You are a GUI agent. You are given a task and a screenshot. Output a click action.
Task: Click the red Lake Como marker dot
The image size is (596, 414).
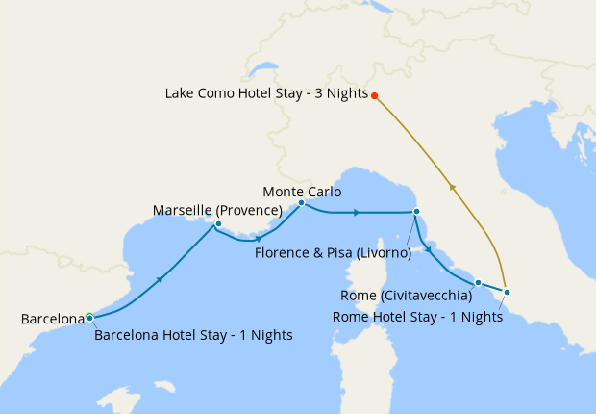point(375,95)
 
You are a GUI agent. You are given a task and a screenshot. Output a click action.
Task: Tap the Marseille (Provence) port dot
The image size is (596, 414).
point(218,224)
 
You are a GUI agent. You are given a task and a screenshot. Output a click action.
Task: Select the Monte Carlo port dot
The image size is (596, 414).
point(301,203)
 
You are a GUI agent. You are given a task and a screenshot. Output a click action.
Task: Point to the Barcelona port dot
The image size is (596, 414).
point(89,317)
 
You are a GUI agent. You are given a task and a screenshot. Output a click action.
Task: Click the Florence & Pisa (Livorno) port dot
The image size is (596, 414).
point(416,212)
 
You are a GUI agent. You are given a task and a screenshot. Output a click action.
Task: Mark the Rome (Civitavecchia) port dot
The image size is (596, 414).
point(478,283)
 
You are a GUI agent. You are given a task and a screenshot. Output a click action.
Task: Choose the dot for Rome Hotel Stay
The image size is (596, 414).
point(507,292)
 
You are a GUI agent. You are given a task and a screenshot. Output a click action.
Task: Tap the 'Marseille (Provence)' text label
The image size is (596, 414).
point(217,210)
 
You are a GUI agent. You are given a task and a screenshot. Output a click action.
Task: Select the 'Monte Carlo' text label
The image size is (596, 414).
point(301,191)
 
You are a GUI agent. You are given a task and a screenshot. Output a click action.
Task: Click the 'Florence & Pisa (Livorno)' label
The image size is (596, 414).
point(334,253)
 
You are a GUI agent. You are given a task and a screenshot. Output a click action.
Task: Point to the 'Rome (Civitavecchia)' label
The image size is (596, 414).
point(407,295)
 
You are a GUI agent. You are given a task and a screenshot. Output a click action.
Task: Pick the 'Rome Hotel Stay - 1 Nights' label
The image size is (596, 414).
point(416,316)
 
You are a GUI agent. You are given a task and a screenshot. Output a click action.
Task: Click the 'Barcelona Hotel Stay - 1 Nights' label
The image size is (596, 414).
point(193,335)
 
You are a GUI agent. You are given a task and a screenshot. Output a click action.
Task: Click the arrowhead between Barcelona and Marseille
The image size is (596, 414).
point(160,279)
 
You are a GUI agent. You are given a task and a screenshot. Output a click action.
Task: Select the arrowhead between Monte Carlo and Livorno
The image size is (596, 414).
point(357,212)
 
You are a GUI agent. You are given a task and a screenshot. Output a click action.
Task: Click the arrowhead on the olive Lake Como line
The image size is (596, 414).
point(451,188)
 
